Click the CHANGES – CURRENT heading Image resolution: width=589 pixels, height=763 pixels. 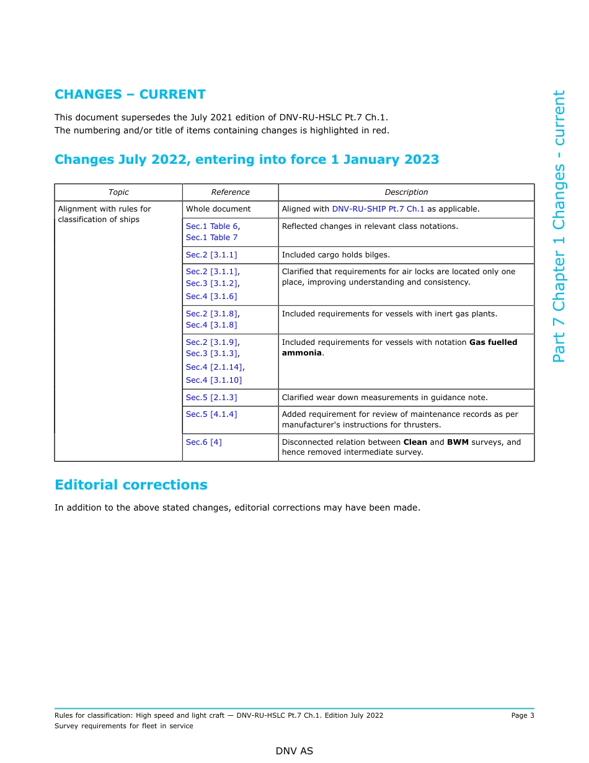130,94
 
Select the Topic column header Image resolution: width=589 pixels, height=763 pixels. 118,192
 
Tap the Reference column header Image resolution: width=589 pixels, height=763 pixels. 230,192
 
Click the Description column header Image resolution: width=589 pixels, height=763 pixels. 406,192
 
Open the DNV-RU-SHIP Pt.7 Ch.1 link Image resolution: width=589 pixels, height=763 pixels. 378,209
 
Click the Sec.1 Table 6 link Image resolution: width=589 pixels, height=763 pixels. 211,226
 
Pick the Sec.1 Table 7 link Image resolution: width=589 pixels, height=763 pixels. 211,238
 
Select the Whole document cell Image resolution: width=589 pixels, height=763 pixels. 218,209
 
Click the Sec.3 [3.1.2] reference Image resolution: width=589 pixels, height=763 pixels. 211,283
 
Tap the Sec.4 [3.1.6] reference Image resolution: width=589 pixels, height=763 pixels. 211,297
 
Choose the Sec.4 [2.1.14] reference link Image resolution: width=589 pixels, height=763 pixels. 214,367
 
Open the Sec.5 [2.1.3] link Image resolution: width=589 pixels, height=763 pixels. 211,398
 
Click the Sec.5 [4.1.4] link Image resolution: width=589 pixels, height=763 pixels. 211,414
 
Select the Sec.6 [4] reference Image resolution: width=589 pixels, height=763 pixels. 203,442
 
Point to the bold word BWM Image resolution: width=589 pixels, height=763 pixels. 458,442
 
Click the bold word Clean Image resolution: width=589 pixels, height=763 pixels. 415,442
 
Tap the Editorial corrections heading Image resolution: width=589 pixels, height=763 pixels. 131,485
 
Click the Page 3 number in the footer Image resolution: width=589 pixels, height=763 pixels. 522,715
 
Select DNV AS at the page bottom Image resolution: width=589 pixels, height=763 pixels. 294,751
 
